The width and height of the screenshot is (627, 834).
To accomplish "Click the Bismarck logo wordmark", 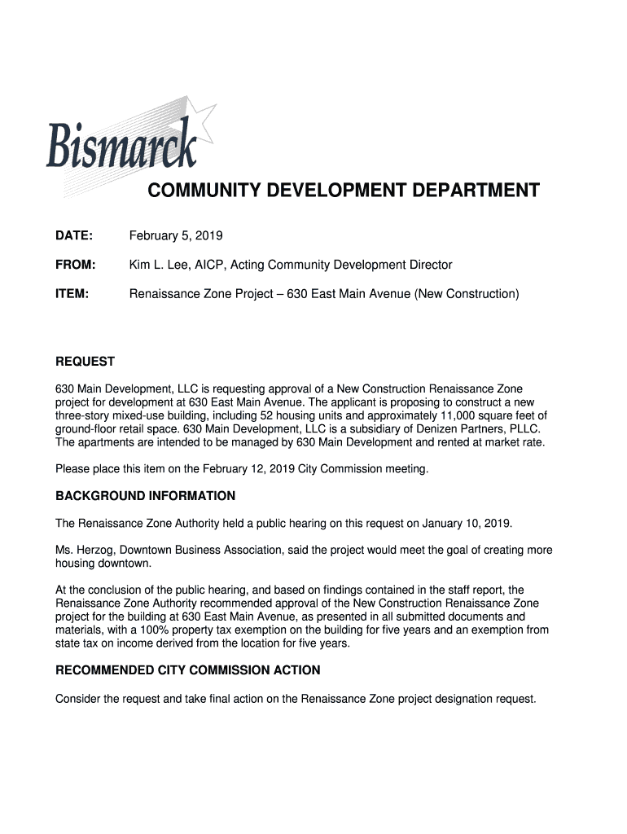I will tap(121, 147).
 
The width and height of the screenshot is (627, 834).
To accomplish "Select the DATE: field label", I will tap(74, 236).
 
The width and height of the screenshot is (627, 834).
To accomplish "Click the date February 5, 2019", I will tap(176, 236).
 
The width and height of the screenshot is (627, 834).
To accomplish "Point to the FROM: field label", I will tap(76, 265).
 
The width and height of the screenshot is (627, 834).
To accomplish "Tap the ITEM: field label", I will tap(72, 293).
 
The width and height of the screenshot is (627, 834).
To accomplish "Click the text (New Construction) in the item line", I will tap(466, 293).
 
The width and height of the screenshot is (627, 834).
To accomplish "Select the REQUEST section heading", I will tap(85, 362).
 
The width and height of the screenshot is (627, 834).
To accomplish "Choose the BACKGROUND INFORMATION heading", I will tap(145, 496).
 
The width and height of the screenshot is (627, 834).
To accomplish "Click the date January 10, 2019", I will tap(465, 523).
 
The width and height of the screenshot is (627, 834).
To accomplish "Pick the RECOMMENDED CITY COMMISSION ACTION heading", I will tap(187, 670).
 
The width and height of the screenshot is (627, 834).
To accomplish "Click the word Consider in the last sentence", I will tap(78, 699).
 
